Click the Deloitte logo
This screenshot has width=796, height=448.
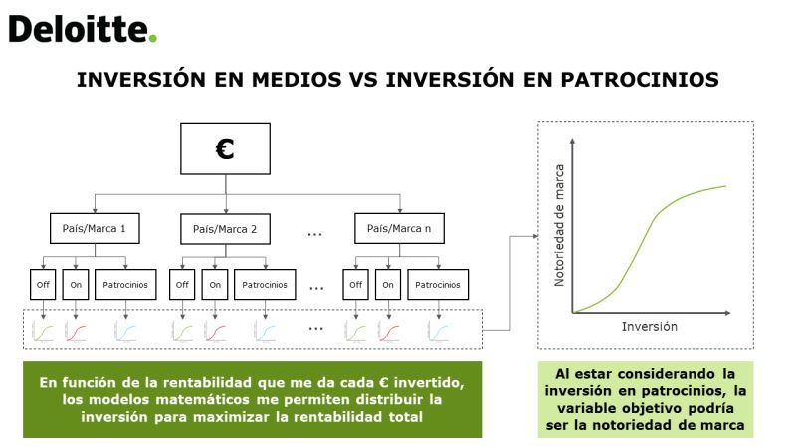pyautogui.click(x=83, y=29)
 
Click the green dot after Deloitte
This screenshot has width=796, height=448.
pyautogui.click(x=153, y=38)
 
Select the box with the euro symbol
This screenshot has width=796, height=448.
pyautogui.click(x=226, y=148)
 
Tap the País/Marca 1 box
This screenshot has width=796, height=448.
pyautogui.click(x=95, y=228)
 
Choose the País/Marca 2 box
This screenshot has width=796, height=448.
pyautogui.click(x=226, y=229)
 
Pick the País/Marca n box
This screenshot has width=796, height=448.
pyautogui.click(x=399, y=228)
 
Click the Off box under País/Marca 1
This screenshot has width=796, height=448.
pyautogui.click(x=43, y=285)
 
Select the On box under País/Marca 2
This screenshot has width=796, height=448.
pyautogui.click(x=215, y=285)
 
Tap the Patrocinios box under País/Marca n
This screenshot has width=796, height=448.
pyautogui.click(x=438, y=285)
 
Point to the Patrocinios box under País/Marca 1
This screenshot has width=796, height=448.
pyautogui.click(x=125, y=285)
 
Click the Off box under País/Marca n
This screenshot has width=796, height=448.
pyautogui.click(x=356, y=285)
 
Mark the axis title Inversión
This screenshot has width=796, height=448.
pyautogui.click(x=650, y=327)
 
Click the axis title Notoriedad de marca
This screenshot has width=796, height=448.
pyautogui.click(x=559, y=225)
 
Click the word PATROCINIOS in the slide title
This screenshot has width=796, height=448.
pyautogui.click(x=640, y=80)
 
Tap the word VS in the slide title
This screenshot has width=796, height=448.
pyautogui.click(x=363, y=80)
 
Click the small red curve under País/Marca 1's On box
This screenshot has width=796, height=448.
pyautogui.click(x=76, y=333)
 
